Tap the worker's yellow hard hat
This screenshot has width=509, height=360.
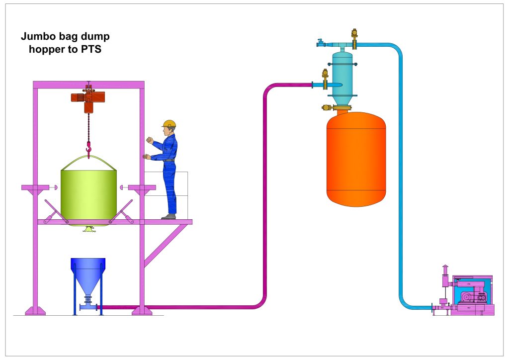tap(170, 124)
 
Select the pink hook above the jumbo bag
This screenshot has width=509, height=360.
tap(89, 148)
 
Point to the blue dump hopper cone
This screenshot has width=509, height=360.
tap(88, 278)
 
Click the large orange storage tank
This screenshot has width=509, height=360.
tap(356, 159)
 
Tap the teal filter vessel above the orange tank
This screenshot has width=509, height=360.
tap(342, 75)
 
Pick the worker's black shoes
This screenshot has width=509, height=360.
tap(169, 216)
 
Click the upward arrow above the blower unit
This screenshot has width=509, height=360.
tap(445, 268)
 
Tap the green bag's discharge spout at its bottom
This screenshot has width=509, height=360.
tap(89, 228)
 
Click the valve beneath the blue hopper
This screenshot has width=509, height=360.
tap(88, 300)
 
